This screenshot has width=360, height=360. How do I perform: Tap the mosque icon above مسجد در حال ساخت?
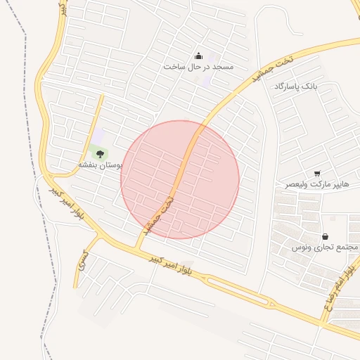point(198,56)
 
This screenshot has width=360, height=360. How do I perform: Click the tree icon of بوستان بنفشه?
point(100,153)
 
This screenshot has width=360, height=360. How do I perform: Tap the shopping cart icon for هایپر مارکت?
point(317,173)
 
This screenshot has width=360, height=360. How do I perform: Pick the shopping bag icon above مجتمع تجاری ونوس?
point(325,236)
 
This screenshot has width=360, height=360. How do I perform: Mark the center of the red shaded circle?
point(180,179)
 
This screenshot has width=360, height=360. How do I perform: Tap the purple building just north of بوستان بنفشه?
point(99,134)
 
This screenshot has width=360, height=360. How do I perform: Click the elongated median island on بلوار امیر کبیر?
point(236,291)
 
